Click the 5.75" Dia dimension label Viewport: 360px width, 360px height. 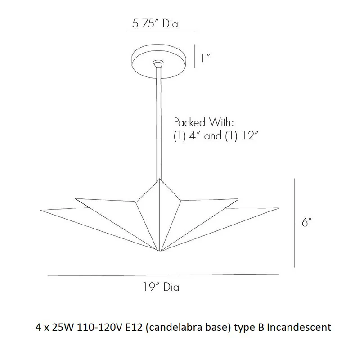coord(155,24)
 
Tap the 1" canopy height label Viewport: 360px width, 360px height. coord(206,58)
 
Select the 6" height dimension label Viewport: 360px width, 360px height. coord(307,222)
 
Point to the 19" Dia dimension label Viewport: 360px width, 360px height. coord(161,287)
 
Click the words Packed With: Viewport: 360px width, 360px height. coord(204,122)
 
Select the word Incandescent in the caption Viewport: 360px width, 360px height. coord(299,327)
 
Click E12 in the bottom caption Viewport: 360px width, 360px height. coord(134,327)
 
